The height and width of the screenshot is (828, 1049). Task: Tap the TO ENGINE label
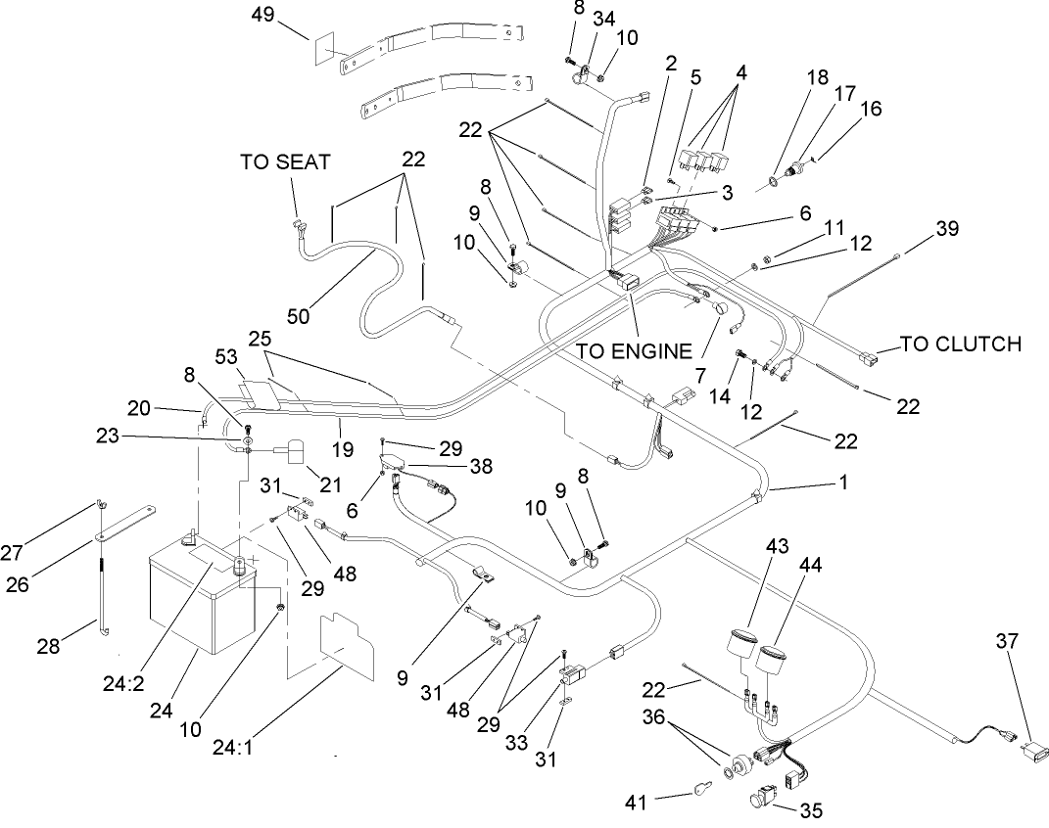[x=633, y=348]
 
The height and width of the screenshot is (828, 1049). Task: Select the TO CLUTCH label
[x=960, y=345]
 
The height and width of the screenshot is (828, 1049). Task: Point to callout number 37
[x=1006, y=641]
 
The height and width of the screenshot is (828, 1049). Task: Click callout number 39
[x=946, y=229]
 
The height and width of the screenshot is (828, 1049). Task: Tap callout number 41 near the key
[x=639, y=803]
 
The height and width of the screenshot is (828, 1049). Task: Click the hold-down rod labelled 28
[x=100, y=602]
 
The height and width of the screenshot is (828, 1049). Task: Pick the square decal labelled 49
[x=326, y=49]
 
